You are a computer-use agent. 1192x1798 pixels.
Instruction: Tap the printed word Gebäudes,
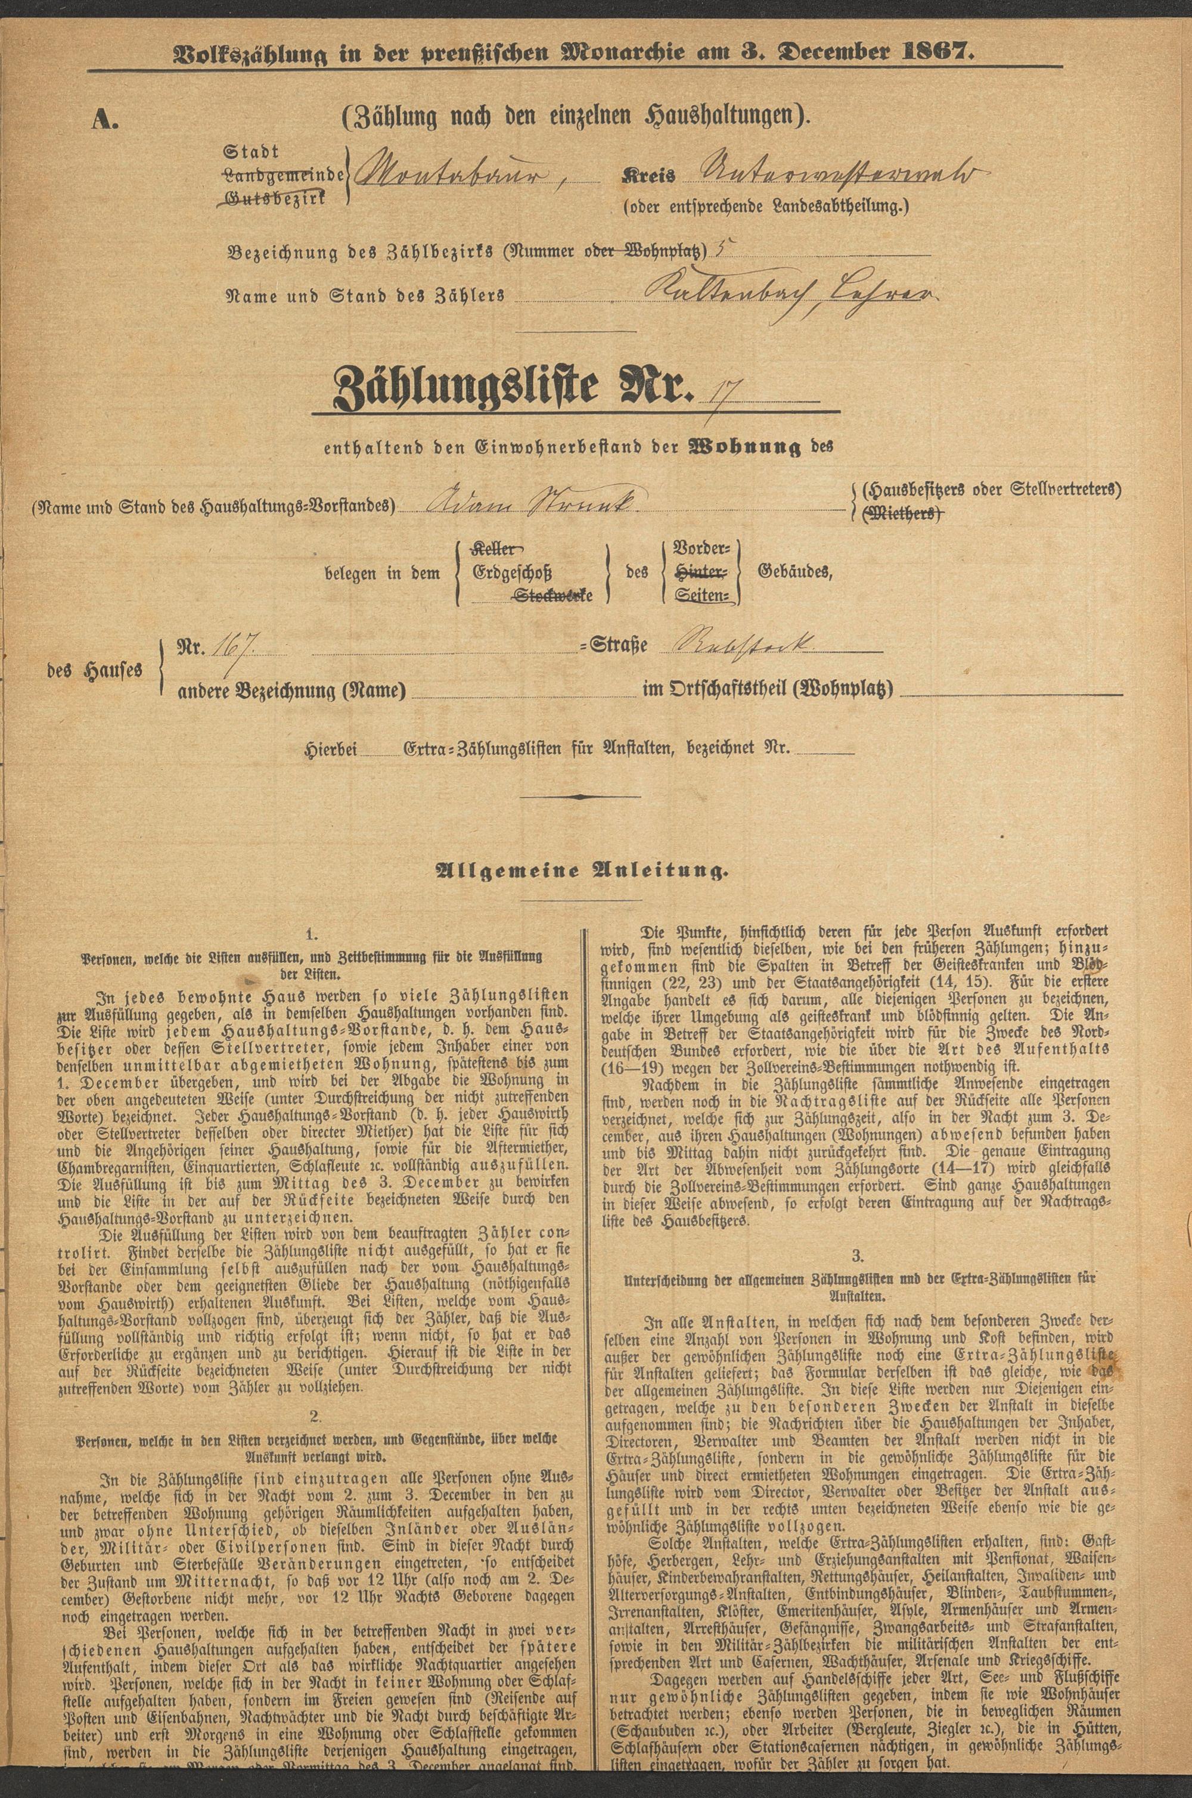(794, 573)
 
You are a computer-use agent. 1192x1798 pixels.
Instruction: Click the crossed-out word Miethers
(905, 515)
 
